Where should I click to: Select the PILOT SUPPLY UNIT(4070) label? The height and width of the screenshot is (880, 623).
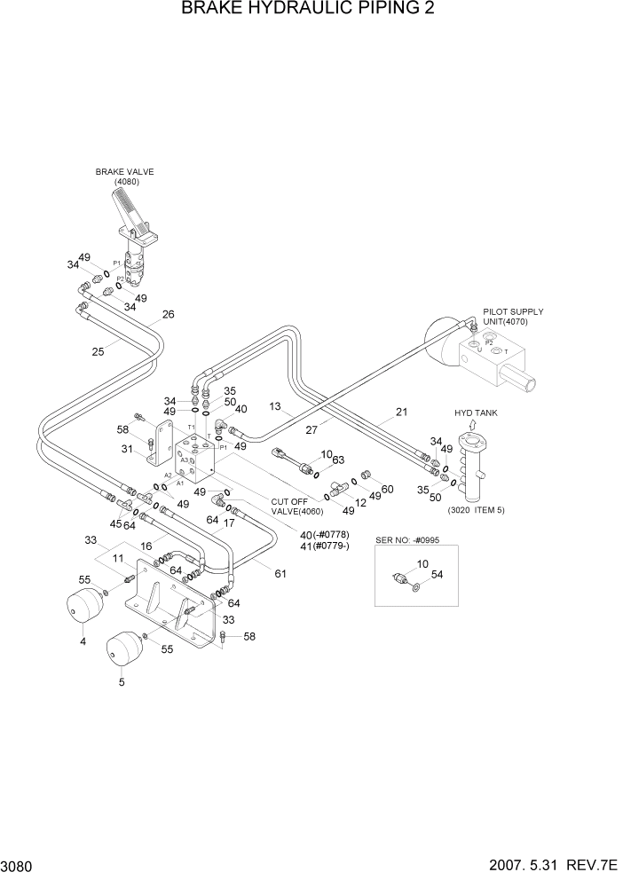tap(513, 317)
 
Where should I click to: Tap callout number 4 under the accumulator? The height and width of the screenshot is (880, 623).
tap(83, 641)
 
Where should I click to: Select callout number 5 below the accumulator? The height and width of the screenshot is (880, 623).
tap(121, 681)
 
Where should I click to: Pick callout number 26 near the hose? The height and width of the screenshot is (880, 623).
tap(168, 314)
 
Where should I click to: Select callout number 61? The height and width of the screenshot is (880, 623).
tap(280, 573)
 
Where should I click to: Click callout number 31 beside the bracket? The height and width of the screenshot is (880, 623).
tap(127, 448)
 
